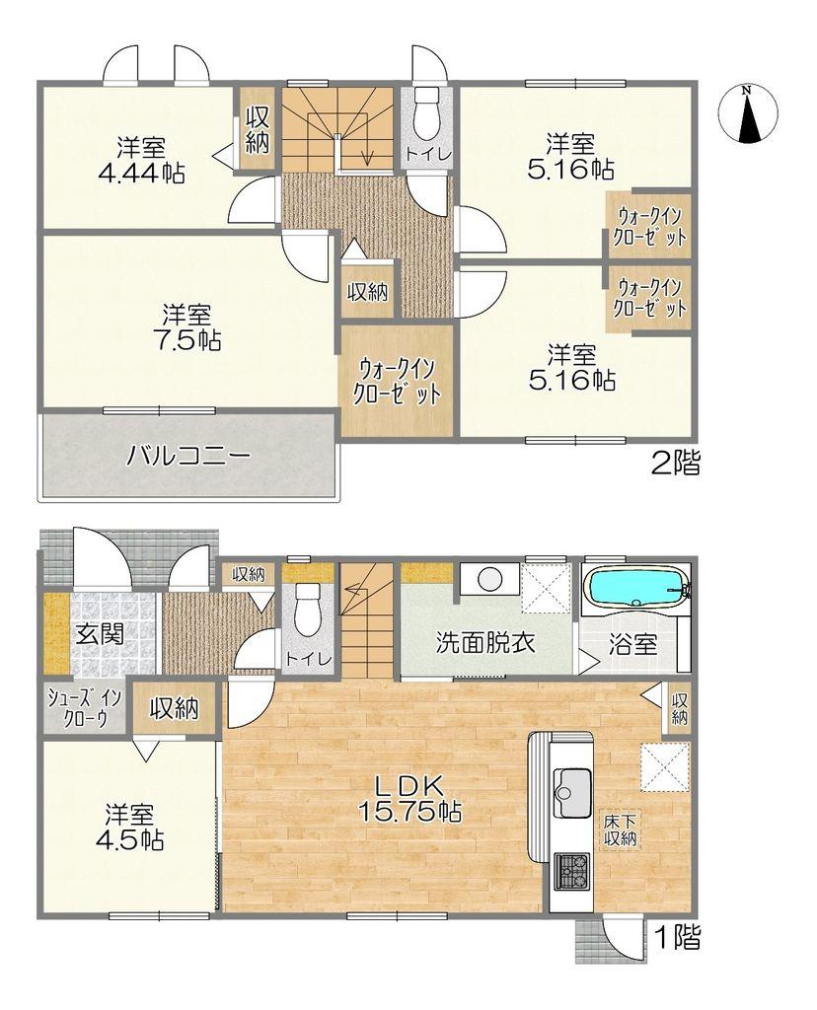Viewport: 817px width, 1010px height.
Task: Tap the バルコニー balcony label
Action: point(187,456)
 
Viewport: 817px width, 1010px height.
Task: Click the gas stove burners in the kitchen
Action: point(571,869)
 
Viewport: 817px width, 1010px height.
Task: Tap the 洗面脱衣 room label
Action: point(485,643)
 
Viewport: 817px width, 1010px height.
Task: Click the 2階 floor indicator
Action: point(675,463)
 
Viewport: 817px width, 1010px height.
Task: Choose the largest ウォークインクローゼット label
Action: point(397,380)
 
